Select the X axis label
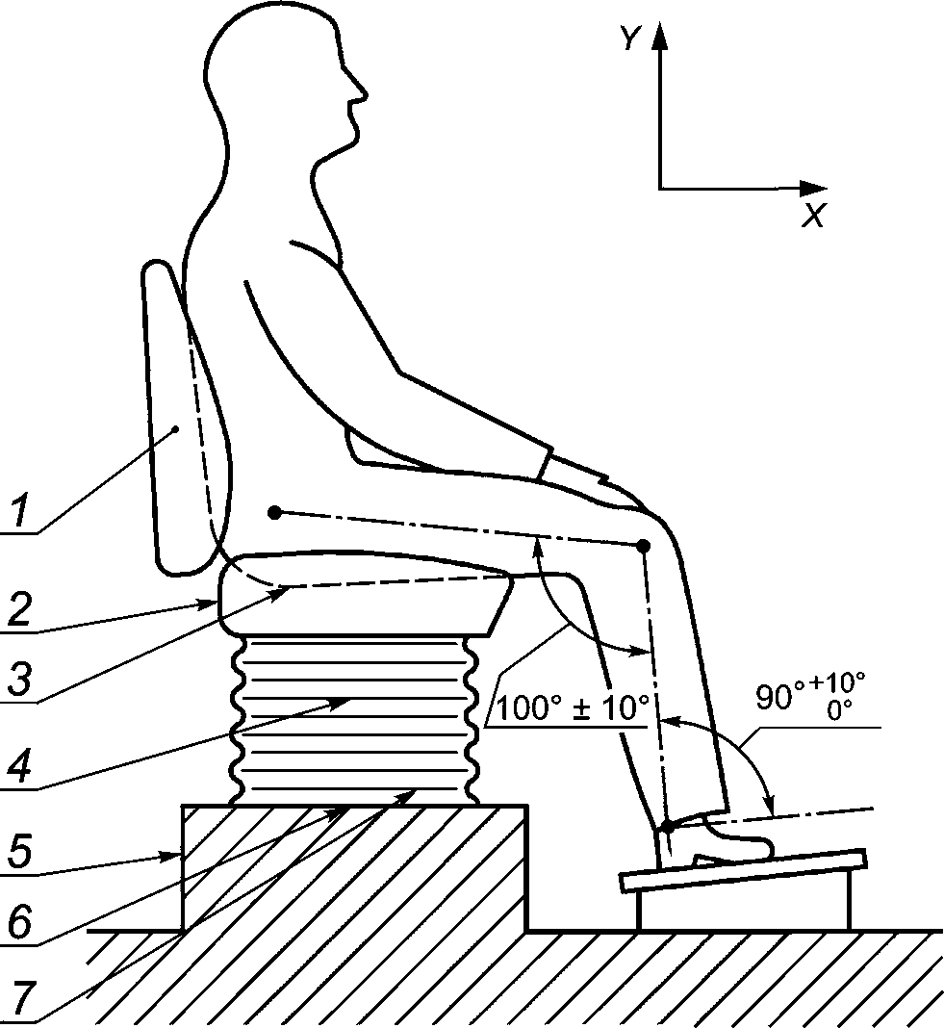click(x=813, y=216)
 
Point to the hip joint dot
click(x=274, y=511)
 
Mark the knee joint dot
click(x=643, y=546)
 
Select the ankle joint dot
click(x=666, y=826)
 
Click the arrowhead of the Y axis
click(x=659, y=37)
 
